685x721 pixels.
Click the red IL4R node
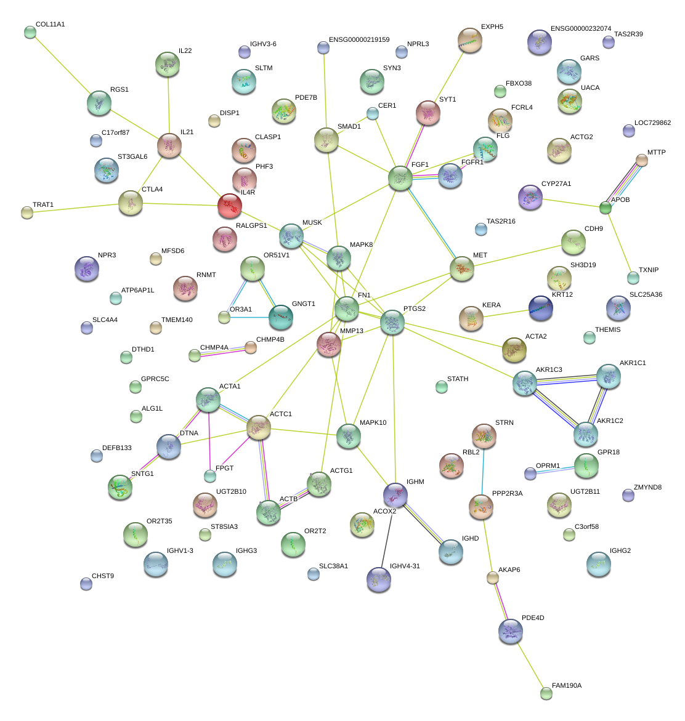[x=229, y=206]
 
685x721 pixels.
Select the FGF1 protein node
[x=400, y=179]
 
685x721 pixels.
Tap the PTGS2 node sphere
[x=392, y=322]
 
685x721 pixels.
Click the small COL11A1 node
[x=30, y=32]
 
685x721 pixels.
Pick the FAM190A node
[x=546, y=693]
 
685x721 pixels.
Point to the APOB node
[x=606, y=207]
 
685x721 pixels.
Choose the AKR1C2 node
[x=585, y=434]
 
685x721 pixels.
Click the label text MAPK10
[x=373, y=423]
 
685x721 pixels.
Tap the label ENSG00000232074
[x=580, y=29]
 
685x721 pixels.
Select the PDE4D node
[x=511, y=630]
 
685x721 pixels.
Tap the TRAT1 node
[x=26, y=212]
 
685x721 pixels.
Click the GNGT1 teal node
[x=281, y=316]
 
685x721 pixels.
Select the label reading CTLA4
[x=152, y=190]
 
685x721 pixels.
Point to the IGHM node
[x=395, y=494]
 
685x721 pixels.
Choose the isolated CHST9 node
[x=86, y=583]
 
